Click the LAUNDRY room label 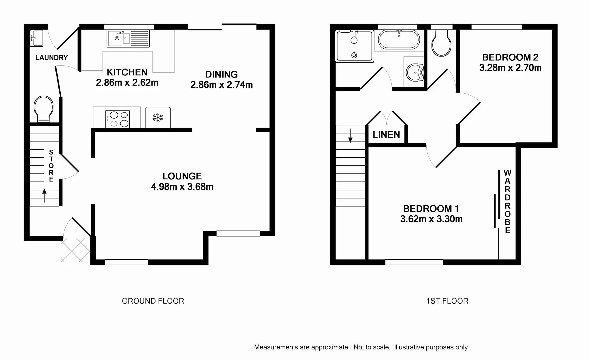tap(51, 58)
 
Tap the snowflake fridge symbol tap(158, 117)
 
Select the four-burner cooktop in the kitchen tap(118, 119)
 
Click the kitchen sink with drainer tap(128, 38)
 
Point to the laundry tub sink tap(36, 38)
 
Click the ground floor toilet tap(43, 109)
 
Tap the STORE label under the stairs tap(51, 166)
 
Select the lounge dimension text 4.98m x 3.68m tap(182, 187)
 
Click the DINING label tap(221, 74)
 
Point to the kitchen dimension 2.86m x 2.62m tap(127, 83)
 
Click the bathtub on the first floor tap(399, 40)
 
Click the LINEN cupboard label tap(386, 135)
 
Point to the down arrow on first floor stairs tap(350, 135)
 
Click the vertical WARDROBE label tap(507, 201)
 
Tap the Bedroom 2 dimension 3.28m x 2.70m tap(510, 68)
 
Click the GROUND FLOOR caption tap(153, 301)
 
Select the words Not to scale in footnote tap(372, 347)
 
